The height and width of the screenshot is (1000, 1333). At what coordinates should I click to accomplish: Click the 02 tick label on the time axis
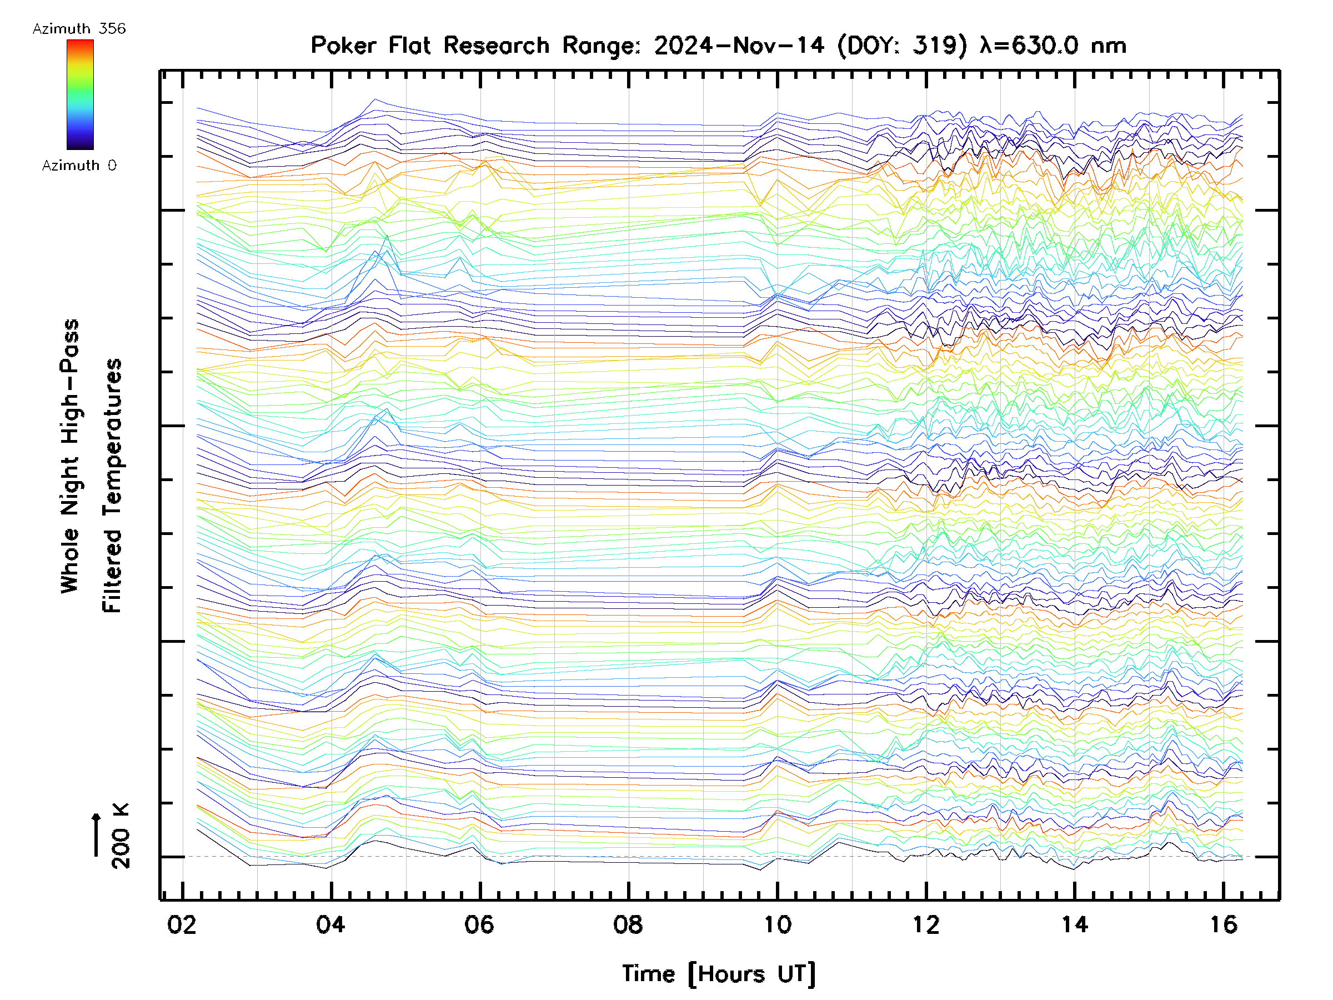click(182, 924)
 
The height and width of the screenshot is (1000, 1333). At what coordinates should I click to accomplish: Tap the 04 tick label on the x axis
click(331, 924)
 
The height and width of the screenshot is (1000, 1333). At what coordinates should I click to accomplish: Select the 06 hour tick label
click(479, 924)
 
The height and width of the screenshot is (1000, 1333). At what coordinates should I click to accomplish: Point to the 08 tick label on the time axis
click(628, 924)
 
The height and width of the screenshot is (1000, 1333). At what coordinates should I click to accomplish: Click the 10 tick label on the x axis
click(778, 924)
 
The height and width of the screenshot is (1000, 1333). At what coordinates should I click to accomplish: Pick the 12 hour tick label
click(926, 924)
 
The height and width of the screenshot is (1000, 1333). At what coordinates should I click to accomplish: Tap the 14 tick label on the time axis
click(1075, 924)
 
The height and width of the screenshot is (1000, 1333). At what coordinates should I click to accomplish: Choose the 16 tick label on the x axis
click(1224, 924)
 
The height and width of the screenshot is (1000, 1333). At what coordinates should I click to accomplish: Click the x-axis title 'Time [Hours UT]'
click(719, 974)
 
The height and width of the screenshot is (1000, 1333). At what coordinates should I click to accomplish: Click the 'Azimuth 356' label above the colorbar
click(79, 29)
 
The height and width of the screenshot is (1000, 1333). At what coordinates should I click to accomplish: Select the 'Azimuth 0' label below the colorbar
click(79, 165)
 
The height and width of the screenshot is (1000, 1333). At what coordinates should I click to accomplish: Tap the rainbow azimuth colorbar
click(80, 94)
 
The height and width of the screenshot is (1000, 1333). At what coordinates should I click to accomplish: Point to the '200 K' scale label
click(121, 836)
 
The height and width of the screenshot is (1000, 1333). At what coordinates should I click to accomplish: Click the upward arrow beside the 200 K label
click(97, 834)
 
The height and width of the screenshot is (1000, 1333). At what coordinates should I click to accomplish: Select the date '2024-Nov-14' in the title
click(739, 45)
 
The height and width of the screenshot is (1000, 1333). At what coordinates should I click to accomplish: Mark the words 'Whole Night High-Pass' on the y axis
click(70, 456)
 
